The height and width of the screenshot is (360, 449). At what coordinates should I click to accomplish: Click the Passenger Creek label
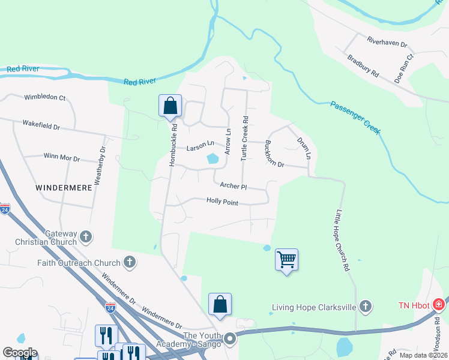pos(355,118)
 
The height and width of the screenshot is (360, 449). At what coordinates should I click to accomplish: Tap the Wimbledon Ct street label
pos(45,97)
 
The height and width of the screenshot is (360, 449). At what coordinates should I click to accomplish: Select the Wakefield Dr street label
pos(41,127)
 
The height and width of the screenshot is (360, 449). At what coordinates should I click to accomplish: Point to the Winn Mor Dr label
pos(62,157)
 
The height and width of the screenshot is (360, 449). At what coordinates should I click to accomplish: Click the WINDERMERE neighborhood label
pos(64,188)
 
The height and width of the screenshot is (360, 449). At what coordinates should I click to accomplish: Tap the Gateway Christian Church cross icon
pos(85,237)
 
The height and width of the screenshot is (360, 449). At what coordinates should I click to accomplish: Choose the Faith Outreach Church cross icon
pos(129,262)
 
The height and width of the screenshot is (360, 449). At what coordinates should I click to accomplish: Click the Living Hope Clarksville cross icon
pos(364,307)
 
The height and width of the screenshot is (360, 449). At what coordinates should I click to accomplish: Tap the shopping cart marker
pos(287,260)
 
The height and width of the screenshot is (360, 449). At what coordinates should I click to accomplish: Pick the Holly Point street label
pos(222,202)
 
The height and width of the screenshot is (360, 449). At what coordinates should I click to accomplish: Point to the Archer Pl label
pos(234,186)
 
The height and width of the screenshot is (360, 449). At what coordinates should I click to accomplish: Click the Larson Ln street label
pos(200,145)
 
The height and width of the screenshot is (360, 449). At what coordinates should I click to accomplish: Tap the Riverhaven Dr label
pos(387,41)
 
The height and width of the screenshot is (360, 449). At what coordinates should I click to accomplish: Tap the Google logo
pos(20,352)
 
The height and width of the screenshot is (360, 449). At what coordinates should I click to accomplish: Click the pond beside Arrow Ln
pos(212,159)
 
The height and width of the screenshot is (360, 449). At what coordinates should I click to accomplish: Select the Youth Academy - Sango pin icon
pos(229,340)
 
